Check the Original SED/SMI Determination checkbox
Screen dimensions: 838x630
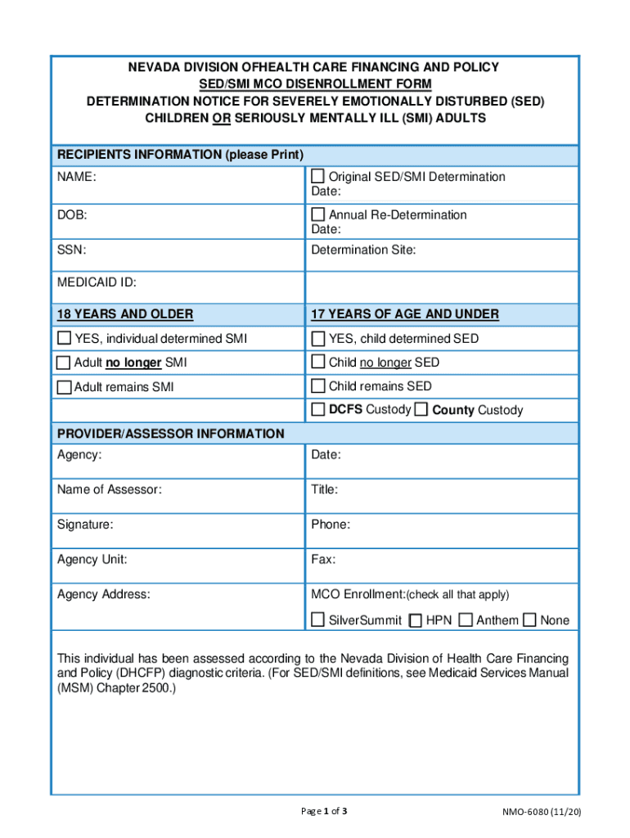point(318,177)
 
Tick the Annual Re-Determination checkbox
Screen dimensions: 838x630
point(318,214)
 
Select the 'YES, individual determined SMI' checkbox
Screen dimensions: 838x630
point(64,339)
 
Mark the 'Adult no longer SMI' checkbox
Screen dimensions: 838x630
point(64,363)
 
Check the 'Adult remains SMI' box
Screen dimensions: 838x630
point(64,386)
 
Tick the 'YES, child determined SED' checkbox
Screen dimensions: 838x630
point(318,339)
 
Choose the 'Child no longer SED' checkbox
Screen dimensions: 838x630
point(318,362)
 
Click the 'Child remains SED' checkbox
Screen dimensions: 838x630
point(318,385)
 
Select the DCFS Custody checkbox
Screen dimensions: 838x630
point(318,409)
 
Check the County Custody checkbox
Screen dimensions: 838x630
point(421,410)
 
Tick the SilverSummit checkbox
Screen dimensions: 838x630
point(318,620)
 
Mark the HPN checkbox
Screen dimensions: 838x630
point(416,620)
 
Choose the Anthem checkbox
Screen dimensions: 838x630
point(466,620)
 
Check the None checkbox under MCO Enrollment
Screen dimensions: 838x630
point(530,620)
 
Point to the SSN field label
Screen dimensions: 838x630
point(71,250)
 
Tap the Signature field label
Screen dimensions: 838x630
point(85,525)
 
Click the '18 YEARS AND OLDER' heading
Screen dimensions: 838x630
point(125,314)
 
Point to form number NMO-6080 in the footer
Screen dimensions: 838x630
point(542,812)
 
